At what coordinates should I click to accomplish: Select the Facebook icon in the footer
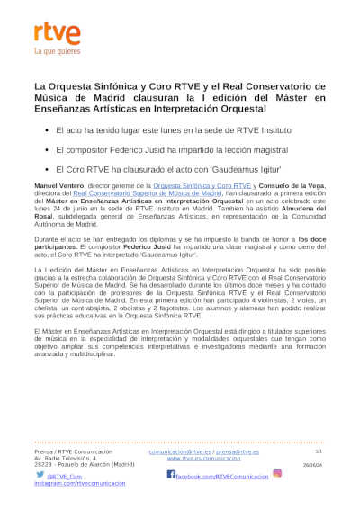coord(171,474)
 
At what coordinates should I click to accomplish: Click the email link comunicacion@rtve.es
coord(178,451)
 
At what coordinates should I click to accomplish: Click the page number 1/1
coord(318,451)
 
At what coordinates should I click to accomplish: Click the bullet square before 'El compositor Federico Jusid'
coord(47,149)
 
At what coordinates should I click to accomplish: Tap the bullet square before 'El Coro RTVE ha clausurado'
coord(47,167)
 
